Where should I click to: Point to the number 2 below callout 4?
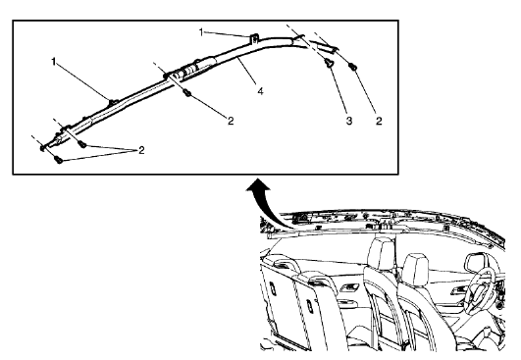pos(230,122)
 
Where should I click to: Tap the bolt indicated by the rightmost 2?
pos(352,67)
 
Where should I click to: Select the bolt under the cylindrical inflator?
pos(185,93)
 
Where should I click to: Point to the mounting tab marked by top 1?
pos(252,40)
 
